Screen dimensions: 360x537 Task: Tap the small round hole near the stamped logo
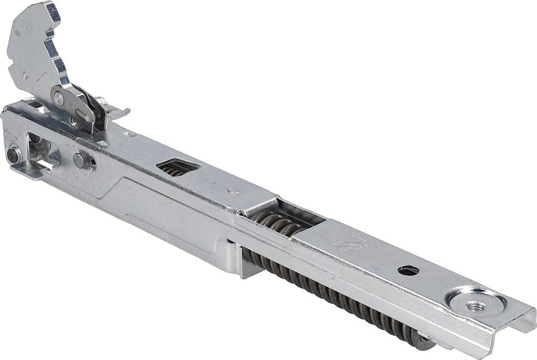pyautogui.click(x=408, y=270)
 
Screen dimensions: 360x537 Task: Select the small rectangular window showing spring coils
pyautogui.click(x=177, y=167)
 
